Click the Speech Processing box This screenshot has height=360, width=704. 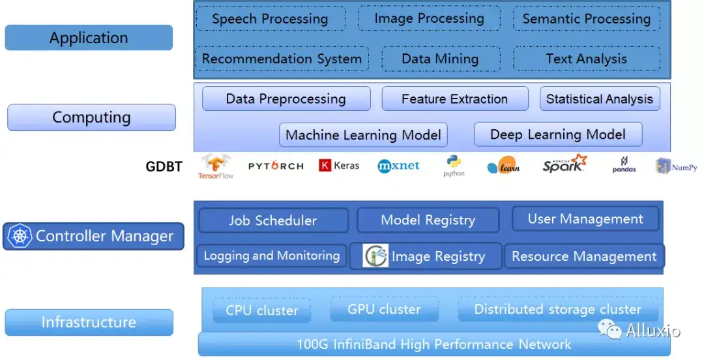pos(271,18)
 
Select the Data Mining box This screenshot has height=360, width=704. pos(441,59)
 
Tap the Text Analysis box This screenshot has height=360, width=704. pos(587,59)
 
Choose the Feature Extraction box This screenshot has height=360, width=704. pos(455,99)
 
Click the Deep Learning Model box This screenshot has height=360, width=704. pos(558,134)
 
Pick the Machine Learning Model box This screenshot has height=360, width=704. pos(363,135)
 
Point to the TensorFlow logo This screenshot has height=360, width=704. pos(216,166)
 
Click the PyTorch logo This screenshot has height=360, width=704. pos(276,166)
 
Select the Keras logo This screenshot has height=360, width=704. pos(339,166)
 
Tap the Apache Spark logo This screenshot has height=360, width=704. pos(565,164)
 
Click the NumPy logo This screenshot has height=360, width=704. pos(676,167)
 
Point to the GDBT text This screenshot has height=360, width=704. pos(164,166)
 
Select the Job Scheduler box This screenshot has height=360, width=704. pos(273,220)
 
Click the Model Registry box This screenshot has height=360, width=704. pos(428,220)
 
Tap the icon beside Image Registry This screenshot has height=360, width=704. pos(376,256)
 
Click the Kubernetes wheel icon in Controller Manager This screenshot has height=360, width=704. pos(20,236)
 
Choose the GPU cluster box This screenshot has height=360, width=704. pos(385,309)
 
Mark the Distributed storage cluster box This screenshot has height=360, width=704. pos(557,309)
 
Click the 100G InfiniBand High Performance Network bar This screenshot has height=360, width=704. pos(434,344)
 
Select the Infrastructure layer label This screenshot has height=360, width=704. pos(89,322)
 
